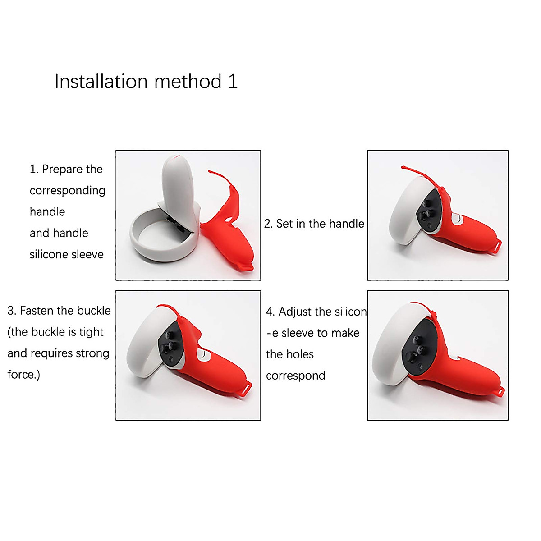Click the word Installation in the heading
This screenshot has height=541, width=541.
101,82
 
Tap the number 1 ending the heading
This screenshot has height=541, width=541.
233,82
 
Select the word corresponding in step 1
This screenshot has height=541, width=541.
67,191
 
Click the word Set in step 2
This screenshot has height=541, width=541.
284,224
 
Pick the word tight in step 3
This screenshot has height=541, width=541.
91,332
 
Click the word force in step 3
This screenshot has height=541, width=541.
22,375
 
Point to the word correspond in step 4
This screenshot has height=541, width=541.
295,376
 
